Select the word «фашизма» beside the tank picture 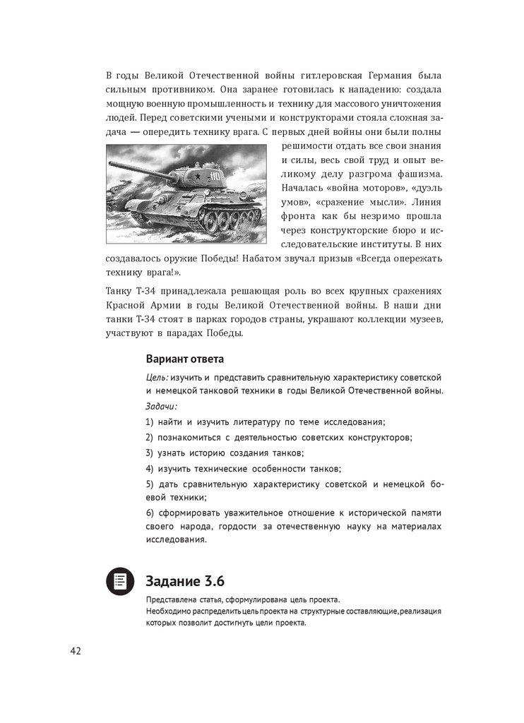coord(418,174)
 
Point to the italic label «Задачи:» coord(161,407)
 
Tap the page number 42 coord(75,650)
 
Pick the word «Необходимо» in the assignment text coord(167,611)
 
